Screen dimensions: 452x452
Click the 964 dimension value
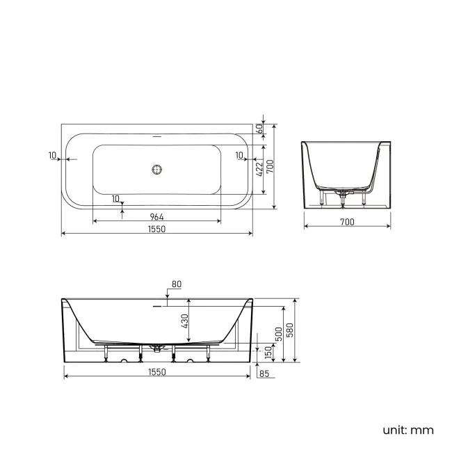click(156, 216)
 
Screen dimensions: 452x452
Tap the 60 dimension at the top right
click(259, 129)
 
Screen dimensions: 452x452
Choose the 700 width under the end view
click(347, 222)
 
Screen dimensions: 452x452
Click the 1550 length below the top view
click(156, 229)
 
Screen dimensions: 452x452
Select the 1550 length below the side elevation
click(156, 372)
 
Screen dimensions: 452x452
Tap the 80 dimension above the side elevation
click(176, 284)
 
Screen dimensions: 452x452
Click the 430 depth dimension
click(185, 321)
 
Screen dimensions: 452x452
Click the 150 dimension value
click(268, 353)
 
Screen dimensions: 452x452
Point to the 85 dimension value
click(263, 373)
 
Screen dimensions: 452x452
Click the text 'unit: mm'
click(407, 430)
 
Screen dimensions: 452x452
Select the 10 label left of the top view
click(53, 155)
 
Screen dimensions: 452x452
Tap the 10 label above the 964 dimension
click(115, 198)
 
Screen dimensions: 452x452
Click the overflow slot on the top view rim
click(157, 136)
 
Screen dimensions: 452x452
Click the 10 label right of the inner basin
click(239, 155)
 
